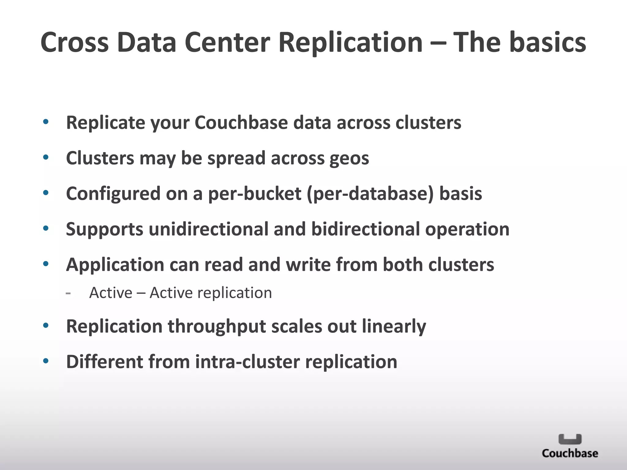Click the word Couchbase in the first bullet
[x=241, y=123]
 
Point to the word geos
[x=349, y=159]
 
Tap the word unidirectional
[x=208, y=229]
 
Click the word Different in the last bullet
[x=104, y=362]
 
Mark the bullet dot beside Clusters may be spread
[x=46, y=158]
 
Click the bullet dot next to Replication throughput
[x=46, y=326]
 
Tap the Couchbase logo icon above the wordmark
[x=570, y=439]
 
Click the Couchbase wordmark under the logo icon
[x=570, y=453]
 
